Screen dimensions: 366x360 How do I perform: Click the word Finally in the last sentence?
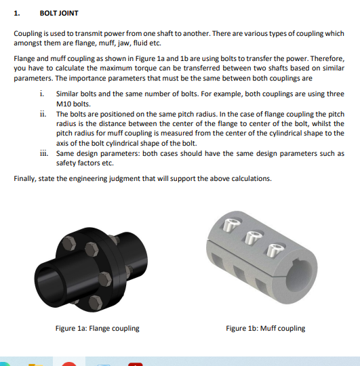[25, 178]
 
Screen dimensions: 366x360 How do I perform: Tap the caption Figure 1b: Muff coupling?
[265, 328]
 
